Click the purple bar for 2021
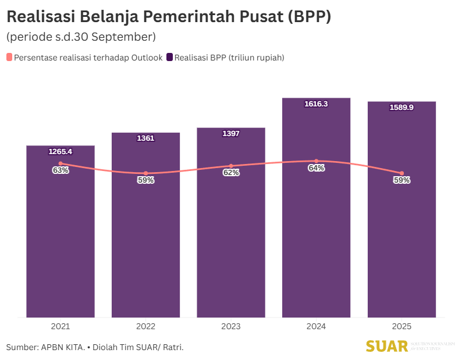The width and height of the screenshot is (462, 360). [61, 244]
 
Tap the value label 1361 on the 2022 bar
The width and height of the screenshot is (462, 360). [145, 138]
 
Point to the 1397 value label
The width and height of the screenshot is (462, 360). [231, 134]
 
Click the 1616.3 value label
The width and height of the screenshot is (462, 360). [316, 104]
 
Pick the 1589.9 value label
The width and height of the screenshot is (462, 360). [401, 108]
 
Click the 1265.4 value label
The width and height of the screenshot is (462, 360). [61, 152]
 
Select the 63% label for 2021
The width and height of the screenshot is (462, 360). [61, 170]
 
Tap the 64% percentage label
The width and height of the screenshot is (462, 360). [316, 168]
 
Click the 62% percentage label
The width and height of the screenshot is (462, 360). [231, 173]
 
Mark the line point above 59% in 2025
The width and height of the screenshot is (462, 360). [401, 173]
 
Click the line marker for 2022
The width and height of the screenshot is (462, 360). [145, 173]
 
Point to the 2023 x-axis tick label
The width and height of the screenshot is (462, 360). [231, 327]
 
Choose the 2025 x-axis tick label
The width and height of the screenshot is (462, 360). [401, 327]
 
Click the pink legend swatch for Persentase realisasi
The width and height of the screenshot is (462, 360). [9, 58]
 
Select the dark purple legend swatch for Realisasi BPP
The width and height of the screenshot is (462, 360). [169, 58]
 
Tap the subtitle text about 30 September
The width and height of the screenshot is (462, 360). [81, 37]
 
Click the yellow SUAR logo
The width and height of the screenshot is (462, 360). [386, 346]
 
